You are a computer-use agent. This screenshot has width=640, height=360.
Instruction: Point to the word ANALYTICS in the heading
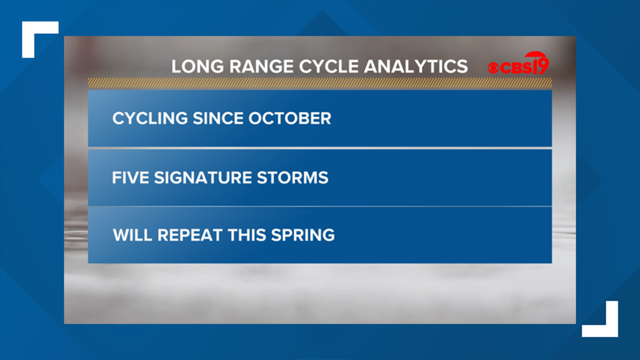tap(415, 66)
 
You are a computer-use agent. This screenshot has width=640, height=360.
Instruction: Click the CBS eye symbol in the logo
tap(493, 68)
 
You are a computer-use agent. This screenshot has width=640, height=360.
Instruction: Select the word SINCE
tap(218, 119)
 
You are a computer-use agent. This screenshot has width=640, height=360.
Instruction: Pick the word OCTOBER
tap(290, 119)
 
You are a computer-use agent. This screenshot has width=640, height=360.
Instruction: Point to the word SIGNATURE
tap(203, 178)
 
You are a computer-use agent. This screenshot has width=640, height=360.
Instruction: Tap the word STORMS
tap(292, 178)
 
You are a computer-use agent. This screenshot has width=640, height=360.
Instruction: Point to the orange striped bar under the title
tap(320, 83)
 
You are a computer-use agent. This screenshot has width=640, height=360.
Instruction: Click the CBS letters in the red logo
tap(516, 68)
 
